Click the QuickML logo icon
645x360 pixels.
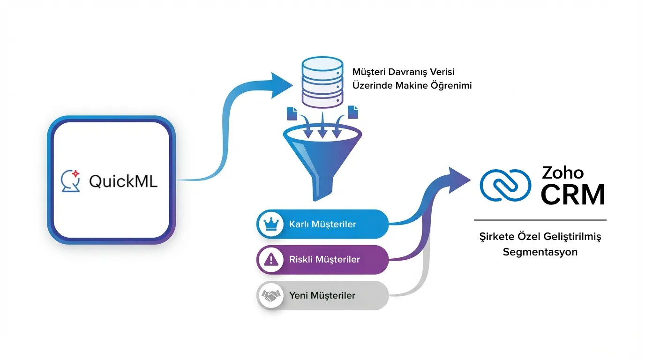[71, 181]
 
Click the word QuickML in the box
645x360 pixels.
[123, 181]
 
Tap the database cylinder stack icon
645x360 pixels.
[322, 82]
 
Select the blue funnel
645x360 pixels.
[322, 159]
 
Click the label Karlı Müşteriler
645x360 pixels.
[322, 224]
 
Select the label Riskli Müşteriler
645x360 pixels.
[324, 259]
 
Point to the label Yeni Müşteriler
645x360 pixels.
[322, 295]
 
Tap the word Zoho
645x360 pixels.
[562, 172]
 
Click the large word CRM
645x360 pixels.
[572, 195]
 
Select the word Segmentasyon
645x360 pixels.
[540, 252]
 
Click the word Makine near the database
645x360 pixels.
[412, 85]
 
